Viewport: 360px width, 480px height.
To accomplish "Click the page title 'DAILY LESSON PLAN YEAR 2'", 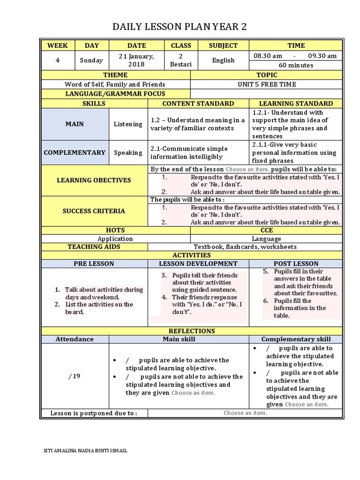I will click(x=180, y=28).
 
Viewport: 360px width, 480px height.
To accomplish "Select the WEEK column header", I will click(x=58, y=45).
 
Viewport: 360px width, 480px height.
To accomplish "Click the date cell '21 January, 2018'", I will click(x=136, y=60).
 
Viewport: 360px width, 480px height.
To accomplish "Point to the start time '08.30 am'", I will click(x=268, y=56).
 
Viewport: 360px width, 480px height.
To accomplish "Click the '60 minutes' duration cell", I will click(x=296, y=65).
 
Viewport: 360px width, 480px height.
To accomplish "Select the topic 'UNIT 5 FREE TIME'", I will click(x=267, y=84).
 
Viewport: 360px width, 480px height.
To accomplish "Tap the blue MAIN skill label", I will click(x=75, y=124).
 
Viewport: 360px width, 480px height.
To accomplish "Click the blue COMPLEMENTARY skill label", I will click(x=75, y=152).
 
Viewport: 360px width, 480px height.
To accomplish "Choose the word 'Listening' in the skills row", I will click(x=128, y=124).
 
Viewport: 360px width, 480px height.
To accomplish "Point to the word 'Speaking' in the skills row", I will click(x=128, y=152).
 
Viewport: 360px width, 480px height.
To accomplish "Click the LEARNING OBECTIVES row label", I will click(x=94, y=180).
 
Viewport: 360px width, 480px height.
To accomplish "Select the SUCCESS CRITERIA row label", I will click(x=94, y=211).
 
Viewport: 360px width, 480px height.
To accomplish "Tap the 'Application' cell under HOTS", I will click(x=115, y=239).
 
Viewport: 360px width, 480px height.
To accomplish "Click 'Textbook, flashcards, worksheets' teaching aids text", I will click(x=245, y=247).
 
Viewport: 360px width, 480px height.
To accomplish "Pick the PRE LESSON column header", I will click(x=94, y=263).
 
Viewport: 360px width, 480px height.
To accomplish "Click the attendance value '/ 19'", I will click(x=74, y=376).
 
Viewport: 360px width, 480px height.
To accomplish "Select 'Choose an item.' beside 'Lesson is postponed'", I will click(x=245, y=413).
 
